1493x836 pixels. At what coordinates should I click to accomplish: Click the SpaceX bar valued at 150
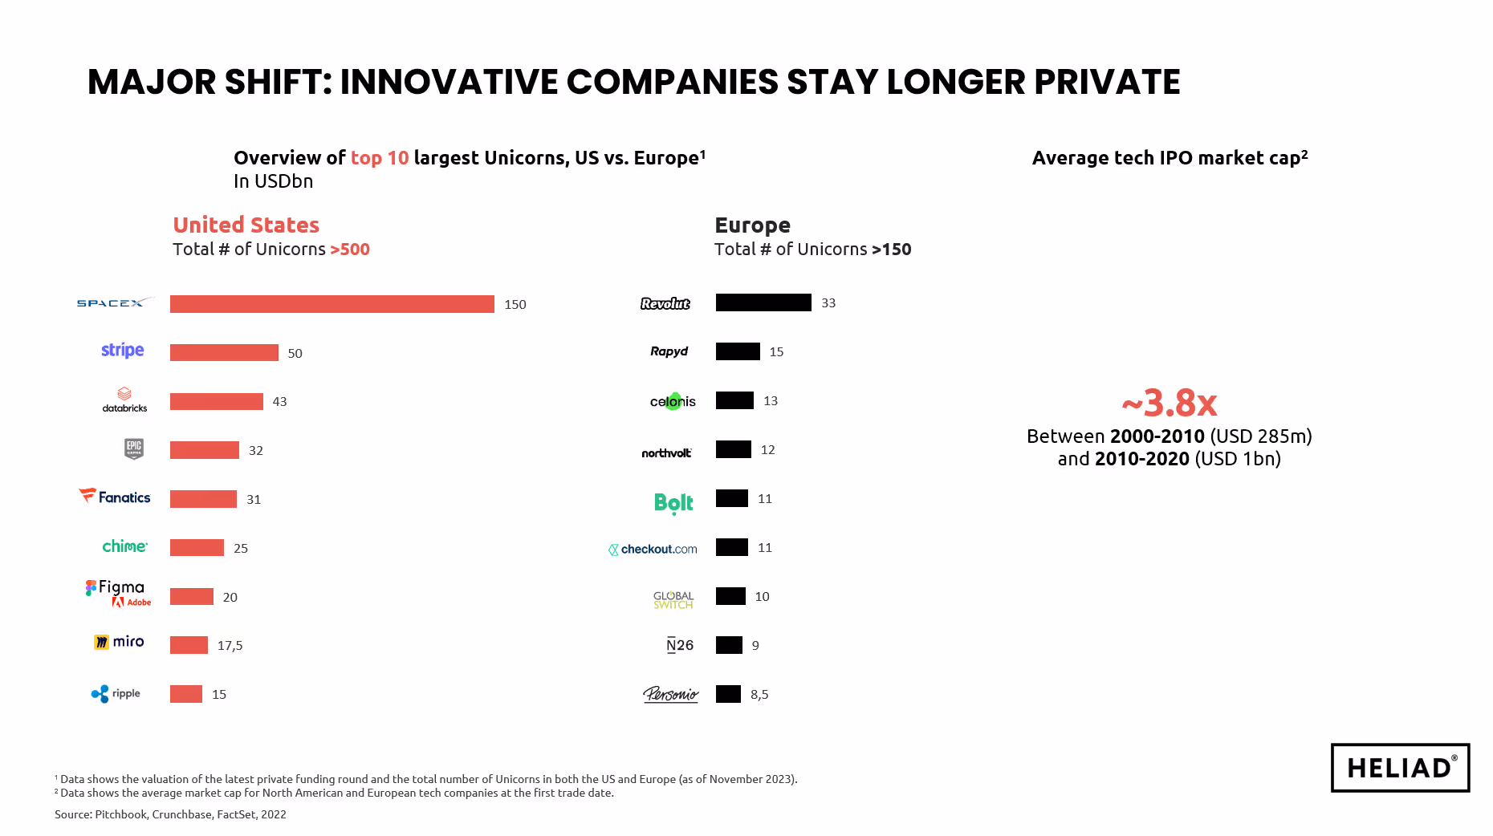click(x=332, y=304)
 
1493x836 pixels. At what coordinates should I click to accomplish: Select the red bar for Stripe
click(x=224, y=353)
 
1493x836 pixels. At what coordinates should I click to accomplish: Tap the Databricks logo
click(x=124, y=400)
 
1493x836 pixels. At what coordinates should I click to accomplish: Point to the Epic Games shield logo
click(x=134, y=448)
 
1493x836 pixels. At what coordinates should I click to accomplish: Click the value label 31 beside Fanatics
click(x=254, y=499)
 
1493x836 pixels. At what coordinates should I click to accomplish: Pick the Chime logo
click(x=124, y=546)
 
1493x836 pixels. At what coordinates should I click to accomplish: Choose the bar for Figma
click(x=192, y=597)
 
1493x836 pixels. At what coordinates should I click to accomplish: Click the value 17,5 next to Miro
click(x=230, y=646)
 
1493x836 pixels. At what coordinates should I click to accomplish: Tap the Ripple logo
click(x=116, y=694)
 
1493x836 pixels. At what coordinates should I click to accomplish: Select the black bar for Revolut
click(x=763, y=302)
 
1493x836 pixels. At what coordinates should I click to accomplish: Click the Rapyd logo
click(x=669, y=351)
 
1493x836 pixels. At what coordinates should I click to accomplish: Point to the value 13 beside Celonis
click(x=771, y=400)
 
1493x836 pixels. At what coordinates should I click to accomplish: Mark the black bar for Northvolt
click(x=733, y=449)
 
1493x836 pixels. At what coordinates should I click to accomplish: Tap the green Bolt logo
click(x=673, y=502)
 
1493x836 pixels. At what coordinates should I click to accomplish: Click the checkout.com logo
click(x=653, y=549)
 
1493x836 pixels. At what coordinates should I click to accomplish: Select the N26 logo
click(x=679, y=645)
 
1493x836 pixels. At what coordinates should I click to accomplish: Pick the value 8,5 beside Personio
click(x=759, y=694)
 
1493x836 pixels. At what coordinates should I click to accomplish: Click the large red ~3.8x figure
click(x=1169, y=403)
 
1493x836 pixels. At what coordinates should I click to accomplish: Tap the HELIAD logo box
click(x=1400, y=768)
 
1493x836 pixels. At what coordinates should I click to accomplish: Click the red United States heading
click(x=246, y=225)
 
